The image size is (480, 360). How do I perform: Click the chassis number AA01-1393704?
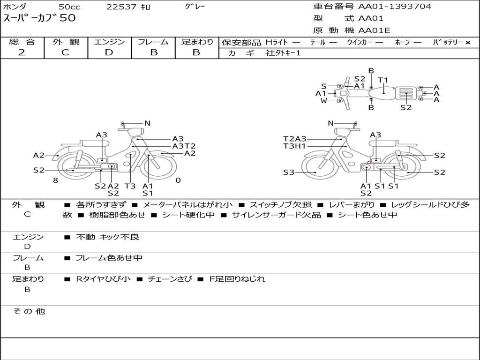click(x=395, y=7)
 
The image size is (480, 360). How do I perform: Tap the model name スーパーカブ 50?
click(x=39, y=18)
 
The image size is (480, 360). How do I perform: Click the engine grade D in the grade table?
click(x=109, y=52)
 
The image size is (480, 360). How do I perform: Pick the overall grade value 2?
click(x=22, y=52)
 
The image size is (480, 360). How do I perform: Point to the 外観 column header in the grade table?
click(x=66, y=42)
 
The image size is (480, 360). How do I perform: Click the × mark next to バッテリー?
click(x=467, y=43)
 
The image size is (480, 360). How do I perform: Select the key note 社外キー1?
click(x=283, y=53)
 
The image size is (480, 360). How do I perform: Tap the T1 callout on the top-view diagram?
click(x=382, y=80)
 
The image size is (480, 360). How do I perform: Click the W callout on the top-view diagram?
click(x=323, y=101)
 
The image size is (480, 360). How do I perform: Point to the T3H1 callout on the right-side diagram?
click(x=294, y=146)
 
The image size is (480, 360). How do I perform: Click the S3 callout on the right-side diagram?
click(x=288, y=172)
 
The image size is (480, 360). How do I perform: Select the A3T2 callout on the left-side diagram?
click(x=184, y=146)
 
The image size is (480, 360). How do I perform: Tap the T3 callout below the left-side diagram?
click(x=130, y=186)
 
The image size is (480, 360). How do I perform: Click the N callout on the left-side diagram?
click(x=147, y=123)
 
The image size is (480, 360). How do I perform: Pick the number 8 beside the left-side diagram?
click(x=55, y=180)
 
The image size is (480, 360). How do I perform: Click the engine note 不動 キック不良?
click(x=107, y=237)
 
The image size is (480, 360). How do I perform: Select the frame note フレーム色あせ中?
click(x=109, y=258)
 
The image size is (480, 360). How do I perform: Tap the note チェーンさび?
click(x=170, y=279)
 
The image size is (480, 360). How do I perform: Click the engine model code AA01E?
click(x=374, y=30)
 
